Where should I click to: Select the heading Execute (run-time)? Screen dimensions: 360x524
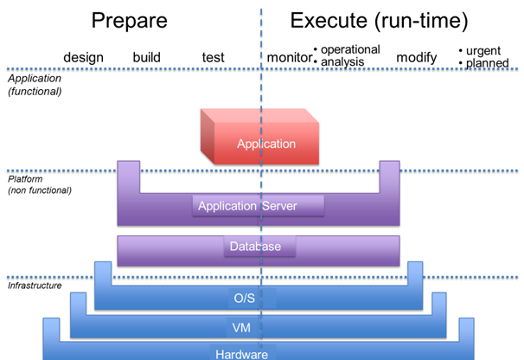click(379, 22)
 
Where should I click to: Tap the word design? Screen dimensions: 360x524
click(83, 58)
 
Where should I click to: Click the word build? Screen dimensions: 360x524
click(147, 58)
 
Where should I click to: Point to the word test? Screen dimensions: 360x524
click(213, 58)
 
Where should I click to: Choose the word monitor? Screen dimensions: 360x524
click(289, 58)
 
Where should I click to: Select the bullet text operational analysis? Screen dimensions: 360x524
click(350, 55)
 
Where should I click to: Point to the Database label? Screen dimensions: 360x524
click(255, 247)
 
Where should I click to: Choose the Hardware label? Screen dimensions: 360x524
click(241, 353)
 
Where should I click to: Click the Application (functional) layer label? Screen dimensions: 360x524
click(35, 85)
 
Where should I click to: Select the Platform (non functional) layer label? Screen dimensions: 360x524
click(40, 183)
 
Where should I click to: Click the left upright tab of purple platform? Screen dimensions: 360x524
click(129, 177)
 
